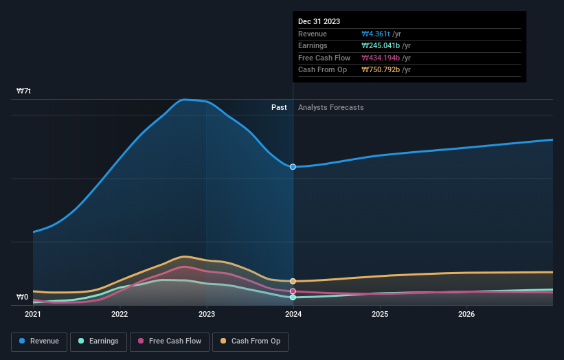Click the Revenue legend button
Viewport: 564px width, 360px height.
pyautogui.click(x=38, y=341)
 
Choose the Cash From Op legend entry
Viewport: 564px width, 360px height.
pyautogui.click(x=250, y=341)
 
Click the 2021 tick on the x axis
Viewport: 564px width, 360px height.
pyautogui.click(x=33, y=315)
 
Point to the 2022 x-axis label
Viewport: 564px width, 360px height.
pyautogui.click(x=120, y=315)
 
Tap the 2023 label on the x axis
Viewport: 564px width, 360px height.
pyautogui.click(x=206, y=315)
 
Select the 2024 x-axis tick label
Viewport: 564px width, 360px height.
pyautogui.click(x=293, y=315)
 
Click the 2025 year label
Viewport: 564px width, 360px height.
pyautogui.click(x=380, y=315)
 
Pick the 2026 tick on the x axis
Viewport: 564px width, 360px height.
pyautogui.click(x=466, y=315)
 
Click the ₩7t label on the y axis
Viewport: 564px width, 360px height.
pyautogui.click(x=23, y=91)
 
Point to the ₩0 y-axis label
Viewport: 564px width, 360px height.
pyautogui.click(x=23, y=297)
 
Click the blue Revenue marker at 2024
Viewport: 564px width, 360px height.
pyautogui.click(x=293, y=167)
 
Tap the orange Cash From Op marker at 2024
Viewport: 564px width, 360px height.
pyautogui.click(x=293, y=281)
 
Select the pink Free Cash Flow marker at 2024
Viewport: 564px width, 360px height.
pyautogui.click(x=293, y=291)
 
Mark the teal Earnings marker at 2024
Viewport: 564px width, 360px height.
pyautogui.click(x=293, y=297)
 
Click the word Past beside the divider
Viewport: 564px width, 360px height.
pyautogui.click(x=279, y=107)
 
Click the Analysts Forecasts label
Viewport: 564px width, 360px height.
pyautogui.click(x=330, y=107)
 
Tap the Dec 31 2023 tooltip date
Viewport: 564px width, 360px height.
pyautogui.click(x=319, y=22)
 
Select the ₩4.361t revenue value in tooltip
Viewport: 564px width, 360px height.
pyautogui.click(x=376, y=34)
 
